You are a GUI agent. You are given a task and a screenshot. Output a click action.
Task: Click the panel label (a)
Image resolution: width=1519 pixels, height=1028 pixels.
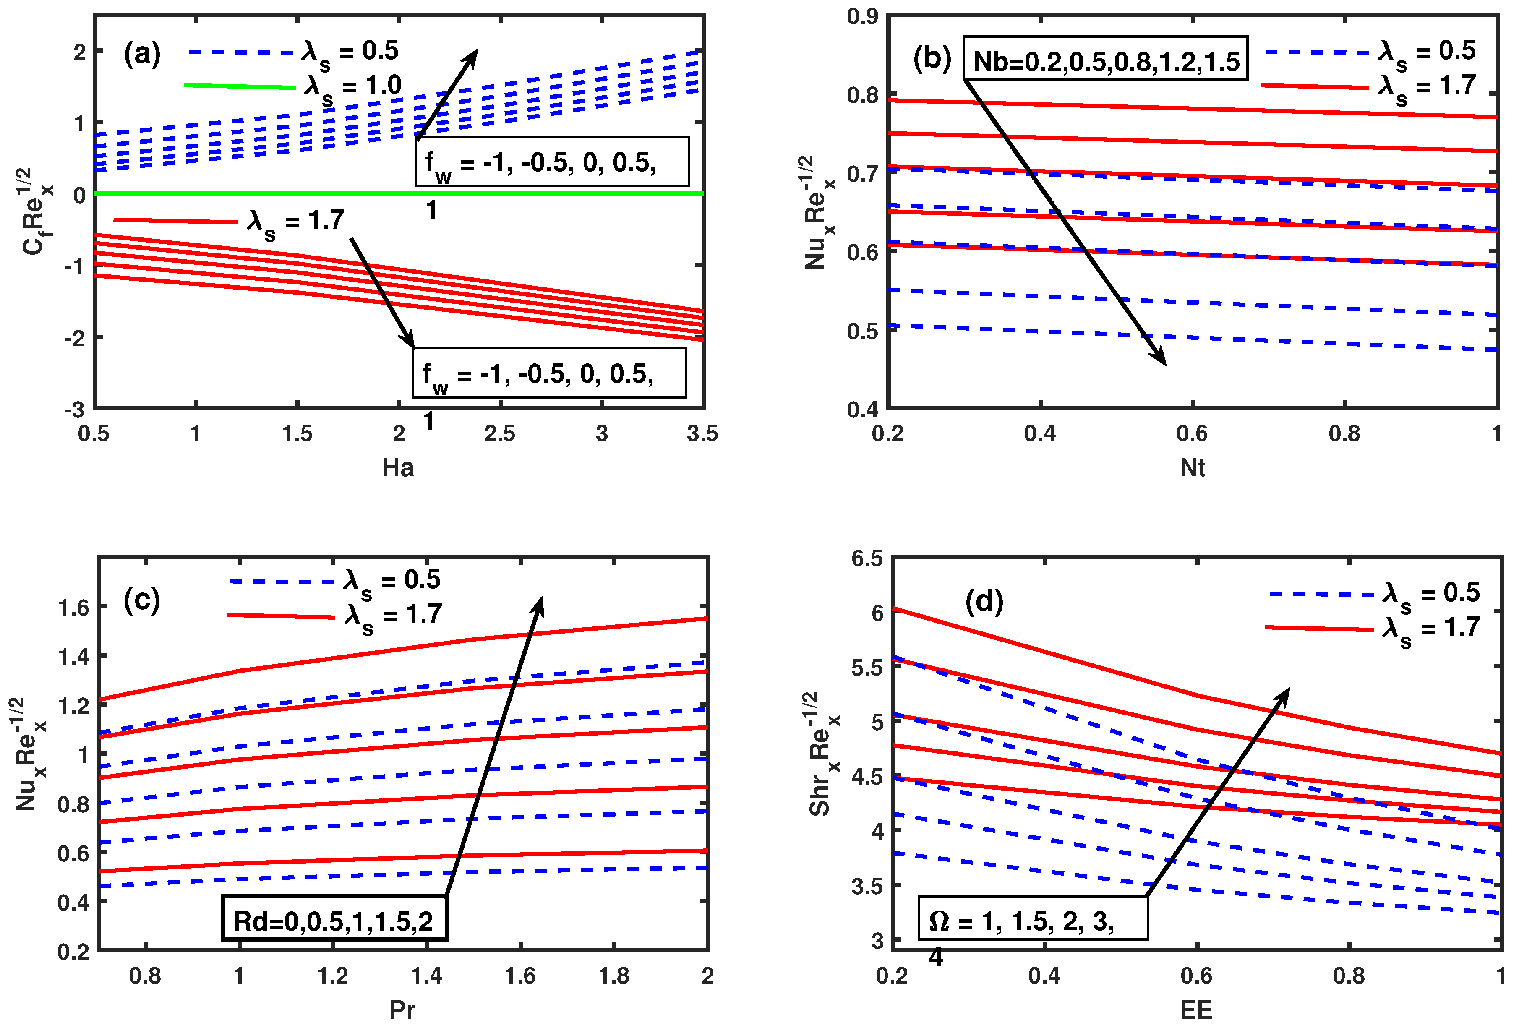click(x=142, y=54)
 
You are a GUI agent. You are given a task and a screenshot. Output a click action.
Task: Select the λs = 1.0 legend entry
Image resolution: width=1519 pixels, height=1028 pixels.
click(x=294, y=87)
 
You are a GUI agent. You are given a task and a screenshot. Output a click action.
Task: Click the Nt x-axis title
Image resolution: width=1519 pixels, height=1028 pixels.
click(x=1192, y=468)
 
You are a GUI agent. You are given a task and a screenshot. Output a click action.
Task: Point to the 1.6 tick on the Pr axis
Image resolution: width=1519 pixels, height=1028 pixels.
click(x=520, y=976)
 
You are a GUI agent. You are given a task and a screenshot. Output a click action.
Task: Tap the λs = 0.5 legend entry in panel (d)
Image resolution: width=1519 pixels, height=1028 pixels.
click(x=1373, y=593)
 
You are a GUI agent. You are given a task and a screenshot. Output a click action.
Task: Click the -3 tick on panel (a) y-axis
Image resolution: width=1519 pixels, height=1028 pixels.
click(x=74, y=410)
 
